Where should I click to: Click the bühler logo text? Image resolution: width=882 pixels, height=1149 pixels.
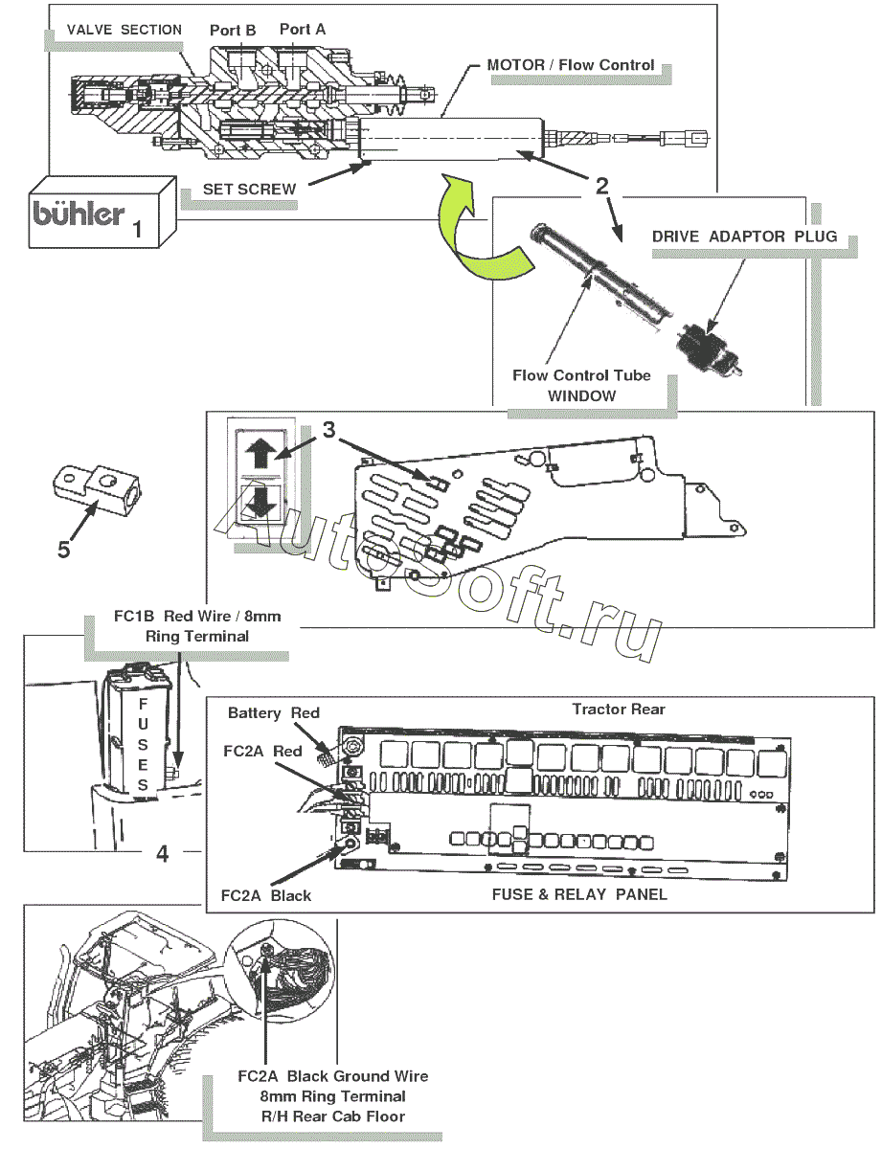pos(79,212)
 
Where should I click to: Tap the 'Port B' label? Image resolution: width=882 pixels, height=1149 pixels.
pos(233,31)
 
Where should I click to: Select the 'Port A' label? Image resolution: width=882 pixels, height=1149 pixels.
pos(303,30)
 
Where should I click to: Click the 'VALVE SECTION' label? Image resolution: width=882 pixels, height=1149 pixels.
pos(124,30)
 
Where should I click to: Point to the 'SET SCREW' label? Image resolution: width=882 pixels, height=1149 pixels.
pos(249,190)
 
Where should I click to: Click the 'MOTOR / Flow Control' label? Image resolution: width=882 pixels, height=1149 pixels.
pos(571,65)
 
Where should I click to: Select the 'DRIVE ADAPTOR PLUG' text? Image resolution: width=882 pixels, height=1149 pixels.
pos(744,236)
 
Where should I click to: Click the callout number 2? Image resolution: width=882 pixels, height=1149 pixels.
pos(601,187)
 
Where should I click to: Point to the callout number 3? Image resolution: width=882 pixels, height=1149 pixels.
pos(328,431)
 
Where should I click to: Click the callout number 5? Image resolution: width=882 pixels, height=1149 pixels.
pos(63,550)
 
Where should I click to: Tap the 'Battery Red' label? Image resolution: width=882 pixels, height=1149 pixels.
pos(273,713)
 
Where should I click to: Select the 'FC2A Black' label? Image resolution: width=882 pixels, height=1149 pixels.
pos(265,895)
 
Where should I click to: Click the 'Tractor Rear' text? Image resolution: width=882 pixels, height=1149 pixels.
pos(618,710)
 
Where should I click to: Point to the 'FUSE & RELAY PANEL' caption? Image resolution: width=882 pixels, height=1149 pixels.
pos(578,894)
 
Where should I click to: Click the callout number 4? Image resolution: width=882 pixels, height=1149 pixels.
pos(163,853)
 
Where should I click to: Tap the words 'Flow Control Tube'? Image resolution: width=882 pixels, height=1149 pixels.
pos(581,375)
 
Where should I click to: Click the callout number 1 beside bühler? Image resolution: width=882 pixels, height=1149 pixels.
pos(138,230)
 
